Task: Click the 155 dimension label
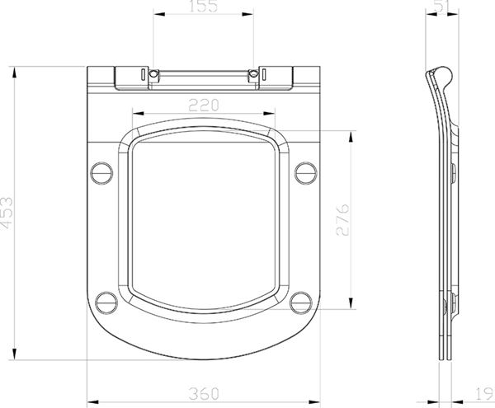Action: coord(203,6)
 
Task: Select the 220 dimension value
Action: coord(204,106)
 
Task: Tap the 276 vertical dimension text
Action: coord(343,220)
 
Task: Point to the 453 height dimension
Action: coord(7,213)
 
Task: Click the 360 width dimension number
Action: coord(204,393)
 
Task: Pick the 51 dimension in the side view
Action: coord(441,6)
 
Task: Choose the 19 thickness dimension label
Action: coord(484,394)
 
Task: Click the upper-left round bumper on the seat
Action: coord(101,173)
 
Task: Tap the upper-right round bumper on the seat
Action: coord(306,173)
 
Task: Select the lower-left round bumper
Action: coord(106,302)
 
